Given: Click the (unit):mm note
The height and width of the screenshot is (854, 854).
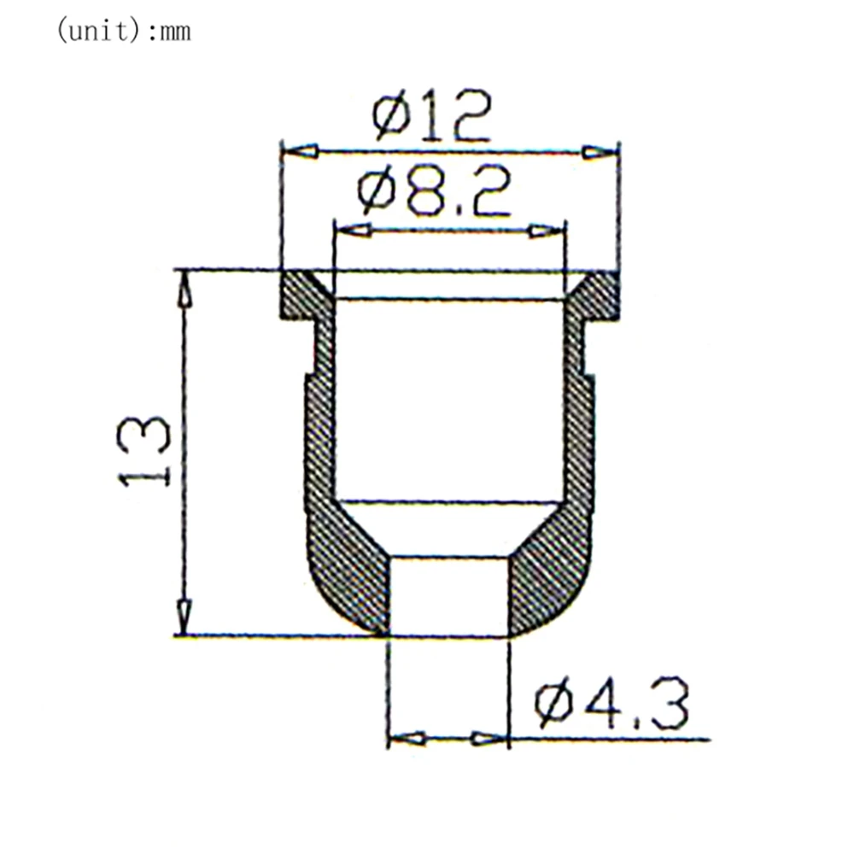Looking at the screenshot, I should coord(124,32).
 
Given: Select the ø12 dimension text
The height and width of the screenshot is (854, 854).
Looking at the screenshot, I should coord(432,118).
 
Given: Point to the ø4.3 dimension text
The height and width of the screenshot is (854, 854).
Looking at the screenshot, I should coord(611,707).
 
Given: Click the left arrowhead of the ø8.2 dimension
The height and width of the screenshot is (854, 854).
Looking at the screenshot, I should coord(354,230).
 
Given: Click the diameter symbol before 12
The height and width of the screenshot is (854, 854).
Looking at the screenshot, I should coord(389,120).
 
